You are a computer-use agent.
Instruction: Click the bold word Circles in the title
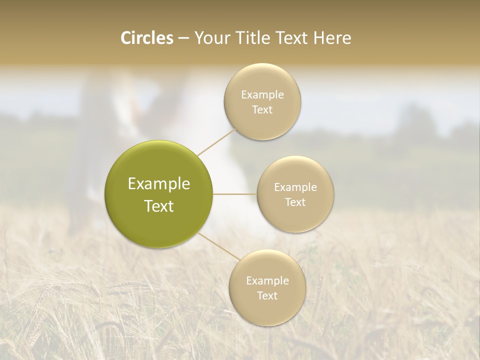pyautogui.click(x=147, y=38)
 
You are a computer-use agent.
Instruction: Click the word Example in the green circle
pyautogui.click(x=158, y=184)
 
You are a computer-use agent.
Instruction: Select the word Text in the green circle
pyautogui.click(x=158, y=206)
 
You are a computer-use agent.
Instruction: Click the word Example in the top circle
pyautogui.click(x=262, y=95)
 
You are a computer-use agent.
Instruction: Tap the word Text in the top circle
pyautogui.click(x=262, y=110)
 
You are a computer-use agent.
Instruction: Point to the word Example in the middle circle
pyautogui.click(x=295, y=187)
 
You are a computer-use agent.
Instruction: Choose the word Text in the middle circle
pyautogui.click(x=295, y=202)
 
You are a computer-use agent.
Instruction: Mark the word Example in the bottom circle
pyautogui.click(x=267, y=281)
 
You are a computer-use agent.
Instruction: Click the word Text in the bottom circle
pyautogui.click(x=267, y=296)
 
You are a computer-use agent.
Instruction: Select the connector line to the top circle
pyautogui.click(x=216, y=142)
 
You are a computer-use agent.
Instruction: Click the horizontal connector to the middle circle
pyautogui.click(x=234, y=194)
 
